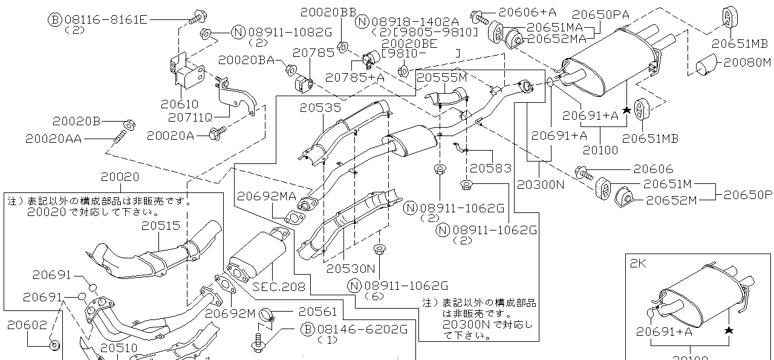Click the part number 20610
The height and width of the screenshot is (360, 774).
179,105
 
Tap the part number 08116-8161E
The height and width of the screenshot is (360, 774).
106,19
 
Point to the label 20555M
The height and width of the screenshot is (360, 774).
442,77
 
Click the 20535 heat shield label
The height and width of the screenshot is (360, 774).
320,108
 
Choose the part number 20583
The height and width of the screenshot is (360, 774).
490,168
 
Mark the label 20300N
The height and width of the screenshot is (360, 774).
541,185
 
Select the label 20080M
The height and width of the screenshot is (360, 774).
747,62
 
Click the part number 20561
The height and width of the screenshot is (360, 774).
317,311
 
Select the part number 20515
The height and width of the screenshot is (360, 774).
161,225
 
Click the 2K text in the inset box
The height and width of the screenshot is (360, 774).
638,263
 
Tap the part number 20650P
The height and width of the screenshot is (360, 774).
748,195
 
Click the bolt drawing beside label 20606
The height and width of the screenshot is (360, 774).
583,172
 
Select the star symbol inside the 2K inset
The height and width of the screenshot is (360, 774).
729,330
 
